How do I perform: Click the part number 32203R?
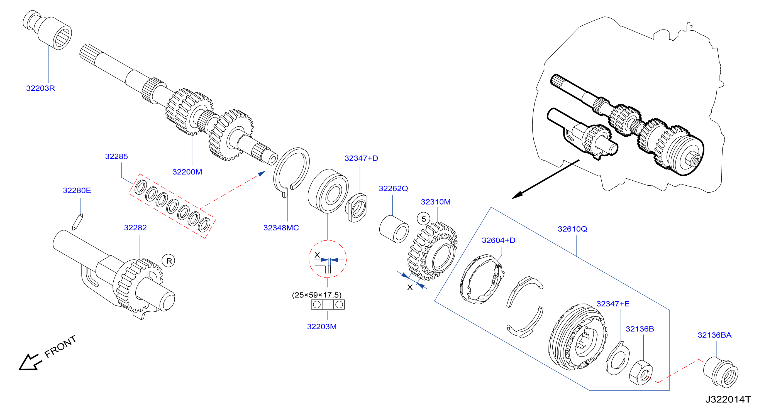[x=41, y=88]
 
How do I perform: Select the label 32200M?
[x=187, y=172]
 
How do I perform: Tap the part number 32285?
[x=116, y=156]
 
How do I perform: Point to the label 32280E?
[x=77, y=190]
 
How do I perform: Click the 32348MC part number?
[x=281, y=228]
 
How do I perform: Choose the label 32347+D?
[x=361, y=158]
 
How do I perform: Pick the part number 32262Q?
[x=393, y=188]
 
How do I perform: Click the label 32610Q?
[x=572, y=229]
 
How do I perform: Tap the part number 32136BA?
[x=714, y=335]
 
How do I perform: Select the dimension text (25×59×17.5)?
[x=316, y=295]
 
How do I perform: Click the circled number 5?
[x=424, y=219]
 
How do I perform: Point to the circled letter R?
[x=169, y=261]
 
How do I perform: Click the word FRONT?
[x=60, y=346]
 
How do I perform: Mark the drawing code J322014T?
[x=728, y=399]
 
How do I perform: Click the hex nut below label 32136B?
[x=641, y=373]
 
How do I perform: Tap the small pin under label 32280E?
[x=77, y=222]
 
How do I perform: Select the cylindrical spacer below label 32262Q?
[x=394, y=229]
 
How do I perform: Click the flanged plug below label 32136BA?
[x=721, y=372]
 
